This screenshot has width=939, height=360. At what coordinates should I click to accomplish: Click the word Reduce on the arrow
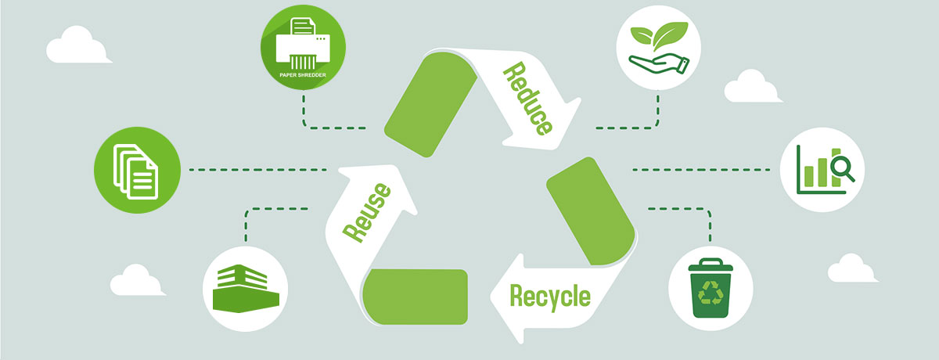[x=528, y=100]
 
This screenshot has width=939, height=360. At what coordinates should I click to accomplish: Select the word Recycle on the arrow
[x=549, y=297]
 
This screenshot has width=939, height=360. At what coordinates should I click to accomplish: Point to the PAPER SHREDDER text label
[x=303, y=76]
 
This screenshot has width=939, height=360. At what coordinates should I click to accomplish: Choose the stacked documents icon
[x=137, y=170]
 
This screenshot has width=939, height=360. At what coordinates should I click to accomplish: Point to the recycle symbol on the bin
[x=711, y=293]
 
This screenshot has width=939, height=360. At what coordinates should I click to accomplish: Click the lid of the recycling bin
[x=711, y=266]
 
